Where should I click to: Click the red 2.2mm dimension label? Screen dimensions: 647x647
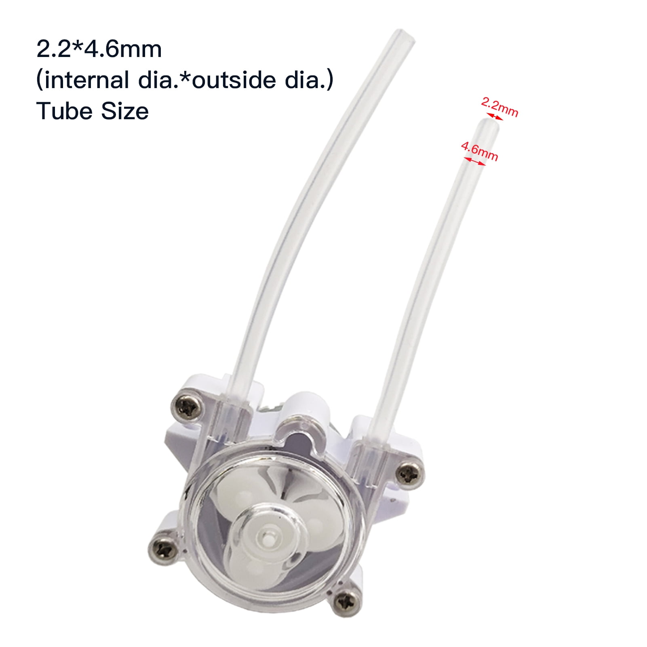pos(499,107)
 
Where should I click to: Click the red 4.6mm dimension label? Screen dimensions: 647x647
pos(480,152)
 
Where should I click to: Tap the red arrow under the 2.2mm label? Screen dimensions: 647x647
pos(494,117)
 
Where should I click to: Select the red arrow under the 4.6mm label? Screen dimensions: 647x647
pos(474,161)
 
